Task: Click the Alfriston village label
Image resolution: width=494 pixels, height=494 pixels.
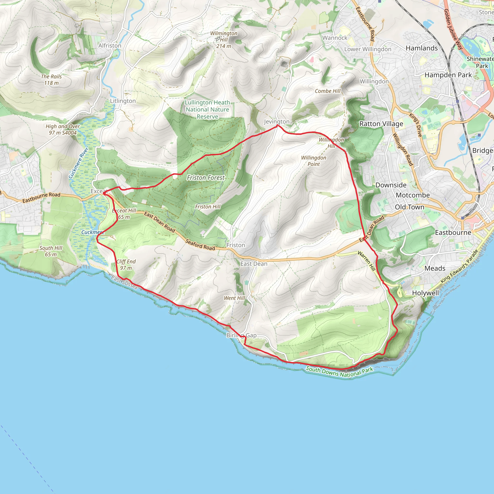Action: (110, 46)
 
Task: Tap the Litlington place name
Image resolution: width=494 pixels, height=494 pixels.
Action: (123, 101)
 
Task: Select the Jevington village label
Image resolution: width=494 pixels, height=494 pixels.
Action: (276, 122)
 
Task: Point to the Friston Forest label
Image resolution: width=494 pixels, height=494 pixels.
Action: (206, 178)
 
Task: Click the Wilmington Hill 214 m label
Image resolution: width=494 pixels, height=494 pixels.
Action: (223, 40)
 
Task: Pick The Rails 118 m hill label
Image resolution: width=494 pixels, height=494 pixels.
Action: (51, 80)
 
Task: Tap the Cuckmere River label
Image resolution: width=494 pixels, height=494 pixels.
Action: (78, 163)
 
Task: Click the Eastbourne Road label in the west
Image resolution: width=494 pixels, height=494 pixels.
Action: (41, 198)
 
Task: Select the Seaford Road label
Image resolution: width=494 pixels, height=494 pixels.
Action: (200, 245)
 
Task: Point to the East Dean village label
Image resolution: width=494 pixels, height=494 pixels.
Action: (254, 264)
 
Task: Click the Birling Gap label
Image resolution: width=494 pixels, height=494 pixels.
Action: (241, 335)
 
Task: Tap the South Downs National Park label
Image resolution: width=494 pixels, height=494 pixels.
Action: (339, 372)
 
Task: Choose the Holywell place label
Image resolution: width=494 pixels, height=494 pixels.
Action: (425, 293)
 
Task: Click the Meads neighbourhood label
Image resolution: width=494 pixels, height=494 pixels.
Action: (435, 268)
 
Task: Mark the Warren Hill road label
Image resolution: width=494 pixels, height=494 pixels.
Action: (366, 261)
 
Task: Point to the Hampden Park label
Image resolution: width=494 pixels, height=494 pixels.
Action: (448, 75)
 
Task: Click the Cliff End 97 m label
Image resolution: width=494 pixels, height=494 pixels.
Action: (126, 265)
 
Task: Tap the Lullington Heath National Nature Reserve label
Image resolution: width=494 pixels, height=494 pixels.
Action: (207, 110)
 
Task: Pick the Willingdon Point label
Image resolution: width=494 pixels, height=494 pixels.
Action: (314, 161)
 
